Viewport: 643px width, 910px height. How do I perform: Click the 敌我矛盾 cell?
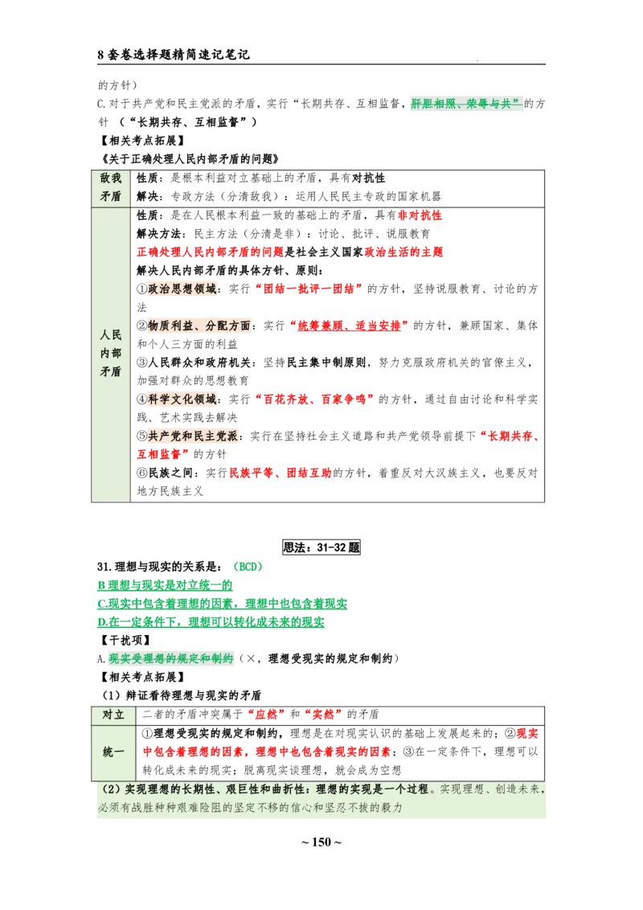coord(111,187)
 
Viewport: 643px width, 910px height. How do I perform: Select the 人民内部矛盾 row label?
coord(111,355)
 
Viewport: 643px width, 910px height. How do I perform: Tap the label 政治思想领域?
coord(182,289)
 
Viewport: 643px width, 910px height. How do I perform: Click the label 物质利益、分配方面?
coord(200,325)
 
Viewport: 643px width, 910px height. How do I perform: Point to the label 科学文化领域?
coord(182,399)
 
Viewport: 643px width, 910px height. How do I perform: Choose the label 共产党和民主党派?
coord(195,435)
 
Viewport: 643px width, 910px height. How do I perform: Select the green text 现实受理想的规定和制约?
coord(171,659)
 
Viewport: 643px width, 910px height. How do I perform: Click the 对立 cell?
coord(113,715)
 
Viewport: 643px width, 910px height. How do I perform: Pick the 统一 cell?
coord(113,752)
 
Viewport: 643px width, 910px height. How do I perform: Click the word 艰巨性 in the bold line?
coord(254,789)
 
